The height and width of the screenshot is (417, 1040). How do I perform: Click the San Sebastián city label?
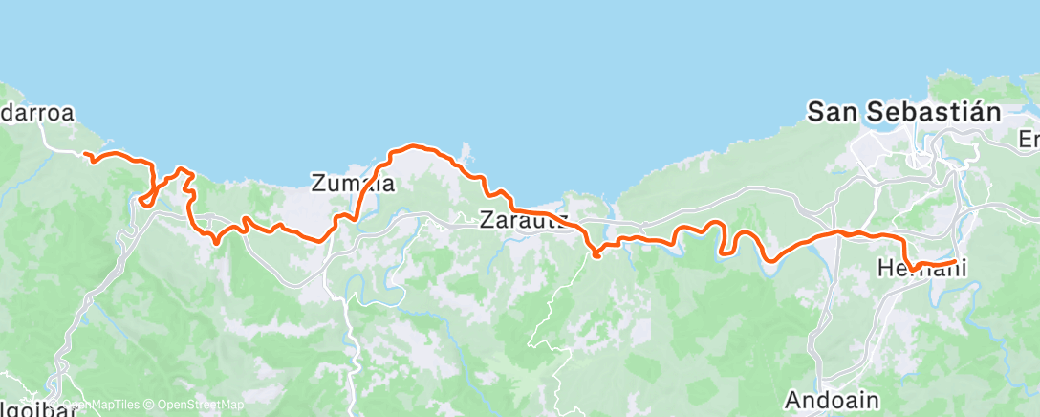pyautogui.click(x=903, y=112)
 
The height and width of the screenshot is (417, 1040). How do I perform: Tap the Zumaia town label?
pyautogui.click(x=353, y=183)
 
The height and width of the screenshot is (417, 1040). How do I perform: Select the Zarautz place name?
pyautogui.click(x=524, y=221)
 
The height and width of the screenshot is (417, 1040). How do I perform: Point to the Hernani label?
pyautogui.click(x=921, y=270)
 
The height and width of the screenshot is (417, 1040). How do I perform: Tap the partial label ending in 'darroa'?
pyautogui.click(x=36, y=113)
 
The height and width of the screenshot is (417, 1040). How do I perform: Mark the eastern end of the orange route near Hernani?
pyautogui.click(x=955, y=260)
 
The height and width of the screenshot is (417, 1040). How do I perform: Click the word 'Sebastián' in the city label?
pyautogui.click(x=934, y=112)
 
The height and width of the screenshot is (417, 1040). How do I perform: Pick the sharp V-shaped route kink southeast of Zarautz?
pyautogui.click(x=596, y=254)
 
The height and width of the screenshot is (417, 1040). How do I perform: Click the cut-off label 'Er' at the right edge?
pyautogui.click(x=1029, y=140)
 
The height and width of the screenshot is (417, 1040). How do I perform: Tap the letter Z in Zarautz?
pyautogui.click(x=487, y=221)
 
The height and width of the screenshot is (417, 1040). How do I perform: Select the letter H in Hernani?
pyautogui.click(x=884, y=270)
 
